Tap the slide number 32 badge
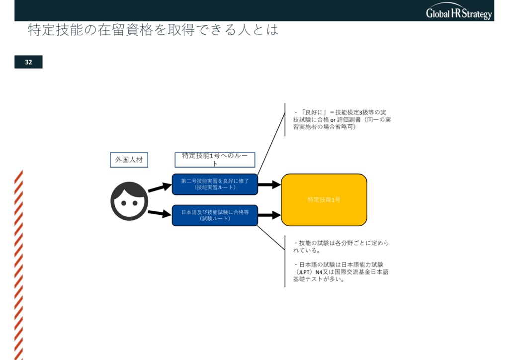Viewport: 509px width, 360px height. (x=28, y=62)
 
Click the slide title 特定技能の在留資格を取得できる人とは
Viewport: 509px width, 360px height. (x=153, y=29)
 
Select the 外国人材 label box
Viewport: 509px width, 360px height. (x=129, y=160)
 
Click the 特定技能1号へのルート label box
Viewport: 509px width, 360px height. (x=215, y=160)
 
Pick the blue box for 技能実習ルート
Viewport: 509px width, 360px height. (x=215, y=184)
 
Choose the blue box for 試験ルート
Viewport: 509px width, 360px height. (x=215, y=215)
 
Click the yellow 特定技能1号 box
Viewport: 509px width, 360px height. (x=324, y=199)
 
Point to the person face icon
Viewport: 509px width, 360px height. (x=129, y=201)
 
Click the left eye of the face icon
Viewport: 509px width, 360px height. (x=124, y=203)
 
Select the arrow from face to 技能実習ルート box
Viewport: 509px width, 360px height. (x=160, y=187)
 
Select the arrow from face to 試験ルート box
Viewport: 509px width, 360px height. (x=160, y=213)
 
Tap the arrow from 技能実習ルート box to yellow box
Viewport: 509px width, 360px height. (x=269, y=184)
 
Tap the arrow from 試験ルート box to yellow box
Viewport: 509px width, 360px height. (x=269, y=215)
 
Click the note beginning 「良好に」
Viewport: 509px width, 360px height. (x=342, y=119)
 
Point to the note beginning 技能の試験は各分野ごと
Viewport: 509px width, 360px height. (x=341, y=247)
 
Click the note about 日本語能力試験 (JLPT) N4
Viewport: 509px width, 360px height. (x=341, y=271)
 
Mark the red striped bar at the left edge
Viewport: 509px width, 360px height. (x=18, y=265)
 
